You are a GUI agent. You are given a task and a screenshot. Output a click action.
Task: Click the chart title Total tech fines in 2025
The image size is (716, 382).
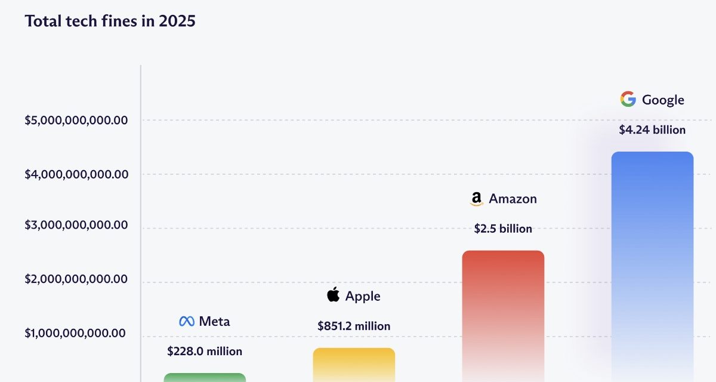point(110,21)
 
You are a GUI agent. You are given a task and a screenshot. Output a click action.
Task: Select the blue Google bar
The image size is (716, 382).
point(652,263)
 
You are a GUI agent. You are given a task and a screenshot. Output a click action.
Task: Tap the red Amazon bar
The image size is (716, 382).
point(503,313)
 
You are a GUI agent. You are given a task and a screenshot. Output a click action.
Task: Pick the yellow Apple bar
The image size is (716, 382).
point(354,364)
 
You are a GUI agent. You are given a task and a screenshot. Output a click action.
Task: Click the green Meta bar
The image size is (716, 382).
point(205,377)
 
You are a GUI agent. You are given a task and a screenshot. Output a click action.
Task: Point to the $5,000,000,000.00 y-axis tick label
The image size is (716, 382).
point(76,120)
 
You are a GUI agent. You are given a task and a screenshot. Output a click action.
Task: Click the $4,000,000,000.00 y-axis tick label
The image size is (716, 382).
point(76,174)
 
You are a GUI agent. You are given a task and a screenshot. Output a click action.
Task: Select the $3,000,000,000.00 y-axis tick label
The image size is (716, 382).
point(76,225)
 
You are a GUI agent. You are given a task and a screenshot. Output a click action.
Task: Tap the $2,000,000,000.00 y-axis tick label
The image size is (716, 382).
point(76,279)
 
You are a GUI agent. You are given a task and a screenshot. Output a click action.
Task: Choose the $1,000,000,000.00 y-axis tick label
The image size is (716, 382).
point(75,333)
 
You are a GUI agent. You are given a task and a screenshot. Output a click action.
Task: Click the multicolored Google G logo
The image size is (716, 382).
point(628,99)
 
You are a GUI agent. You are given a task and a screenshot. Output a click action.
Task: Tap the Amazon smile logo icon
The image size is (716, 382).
point(476,199)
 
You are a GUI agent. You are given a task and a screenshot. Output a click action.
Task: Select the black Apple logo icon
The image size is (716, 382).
point(334,295)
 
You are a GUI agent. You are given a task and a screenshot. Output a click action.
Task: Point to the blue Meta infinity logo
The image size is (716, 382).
point(187,321)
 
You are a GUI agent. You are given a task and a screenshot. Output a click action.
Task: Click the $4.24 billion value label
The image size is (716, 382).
point(652,130)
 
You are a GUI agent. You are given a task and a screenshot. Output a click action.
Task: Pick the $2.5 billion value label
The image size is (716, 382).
point(503,229)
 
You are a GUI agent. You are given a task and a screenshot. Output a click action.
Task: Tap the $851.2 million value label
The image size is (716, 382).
point(354,326)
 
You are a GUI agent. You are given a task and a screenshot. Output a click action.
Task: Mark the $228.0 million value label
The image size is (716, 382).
point(205,351)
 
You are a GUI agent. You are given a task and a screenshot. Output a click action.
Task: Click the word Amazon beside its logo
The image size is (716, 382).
point(513,199)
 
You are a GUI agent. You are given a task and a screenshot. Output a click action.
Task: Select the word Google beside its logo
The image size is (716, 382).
point(663,100)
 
